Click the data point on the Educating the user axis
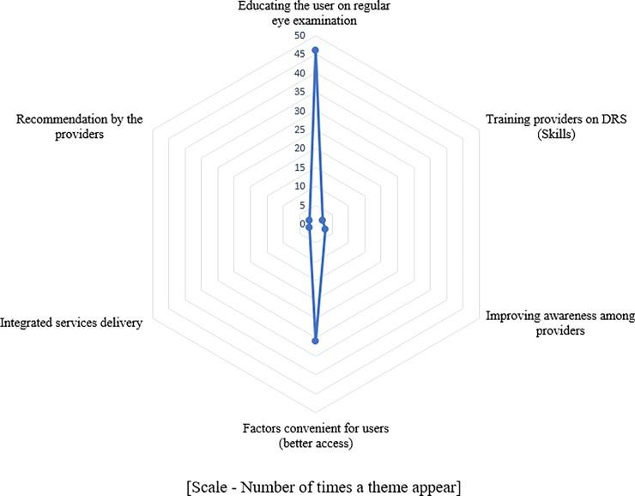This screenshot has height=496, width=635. pyautogui.click(x=315, y=51)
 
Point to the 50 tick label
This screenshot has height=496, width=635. pyautogui.click(x=299, y=36)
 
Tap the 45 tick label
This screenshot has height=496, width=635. pyautogui.click(x=299, y=55)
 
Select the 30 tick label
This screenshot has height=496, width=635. pyautogui.click(x=299, y=112)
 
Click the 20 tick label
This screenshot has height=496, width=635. pyautogui.click(x=299, y=148)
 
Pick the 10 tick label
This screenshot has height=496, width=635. pyautogui.click(x=299, y=186)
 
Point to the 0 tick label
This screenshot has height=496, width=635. pyautogui.click(x=302, y=224)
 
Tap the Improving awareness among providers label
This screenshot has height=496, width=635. pyautogui.click(x=559, y=323)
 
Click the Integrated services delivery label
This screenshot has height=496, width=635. pyautogui.click(x=70, y=323)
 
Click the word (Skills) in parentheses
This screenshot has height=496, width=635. pyautogui.click(x=557, y=135)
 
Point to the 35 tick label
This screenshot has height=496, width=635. pyautogui.click(x=299, y=93)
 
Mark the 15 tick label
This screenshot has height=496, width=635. pyautogui.click(x=299, y=167)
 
